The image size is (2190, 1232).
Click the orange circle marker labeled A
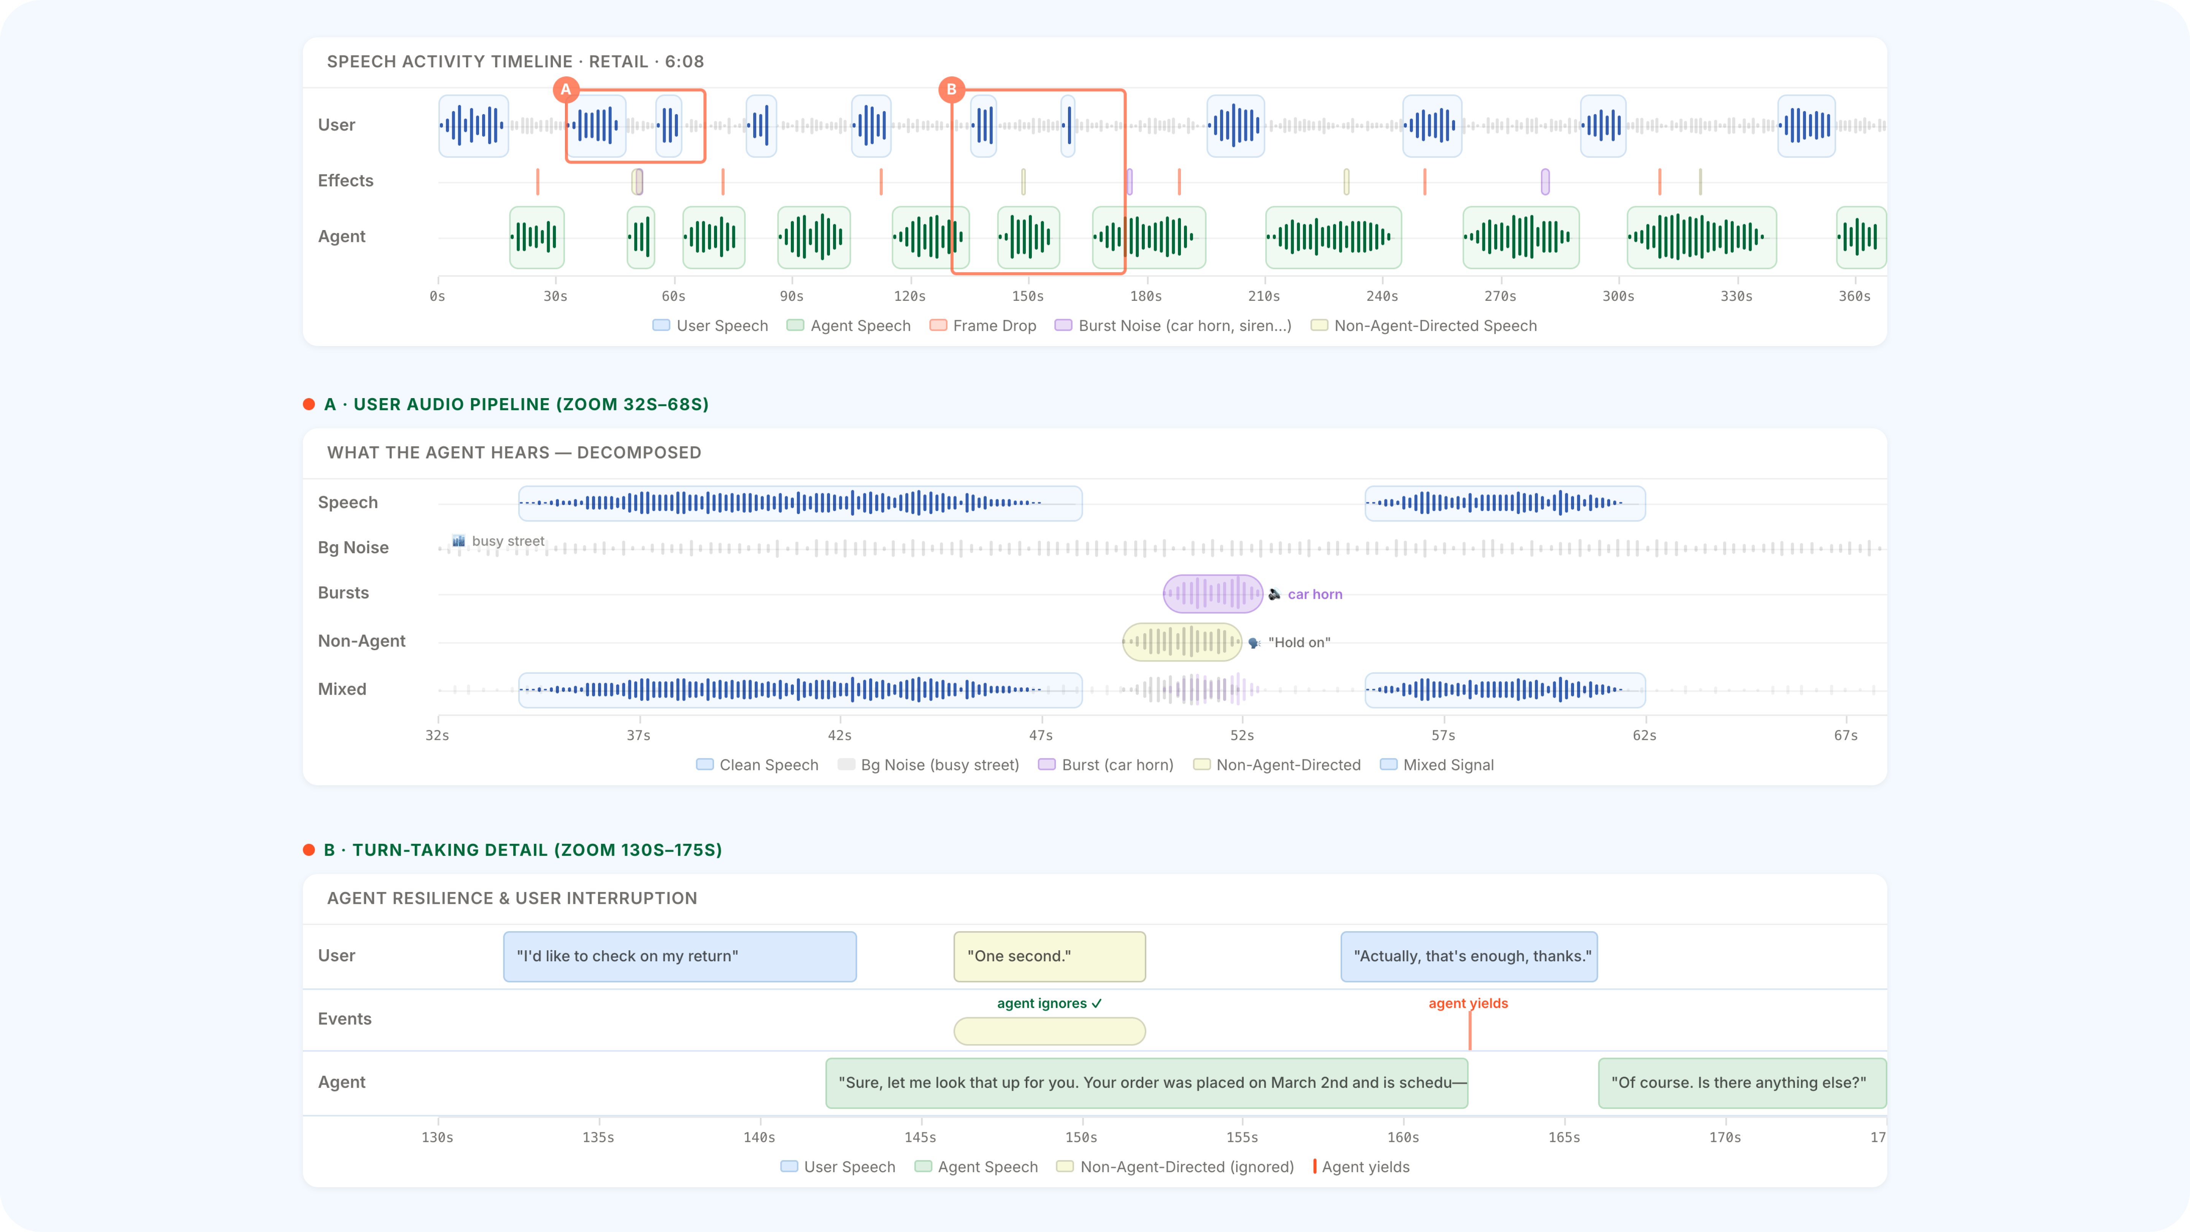click(565, 89)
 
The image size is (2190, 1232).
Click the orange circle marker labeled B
click(951, 89)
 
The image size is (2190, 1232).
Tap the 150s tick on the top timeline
click(1028, 296)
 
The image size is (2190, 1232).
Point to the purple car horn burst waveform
click(1212, 594)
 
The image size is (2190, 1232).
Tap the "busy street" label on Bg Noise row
click(508, 541)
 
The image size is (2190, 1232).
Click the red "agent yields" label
click(1468, 1003)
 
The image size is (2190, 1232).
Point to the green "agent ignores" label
click(1049, 1003)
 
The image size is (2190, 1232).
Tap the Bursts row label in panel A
click(343, 593)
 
